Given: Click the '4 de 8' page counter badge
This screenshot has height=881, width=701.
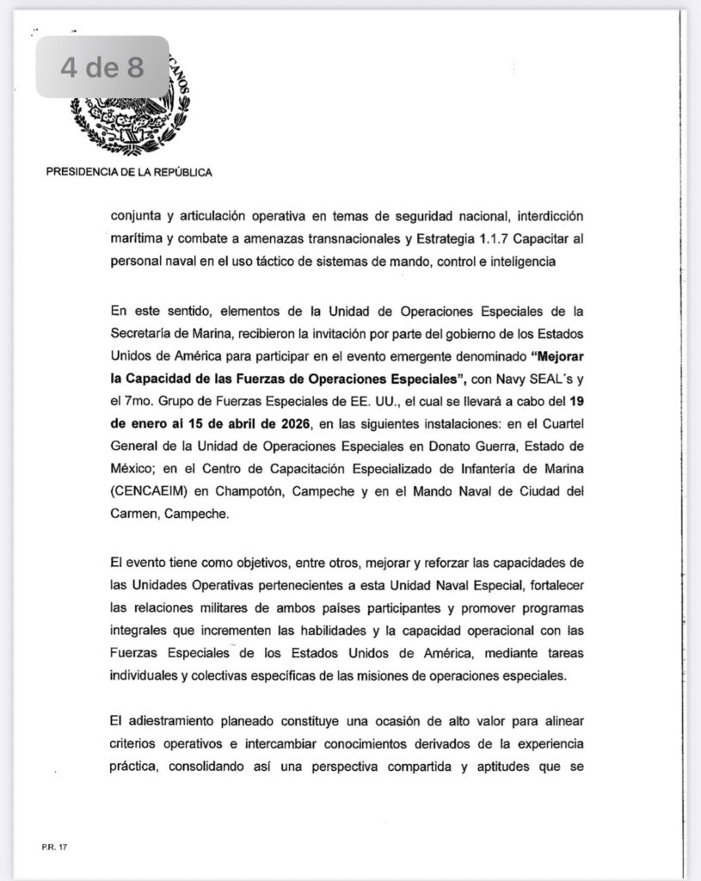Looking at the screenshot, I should (x=101, y=67).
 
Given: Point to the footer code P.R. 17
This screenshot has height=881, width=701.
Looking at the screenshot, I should (x=53, y=847).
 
